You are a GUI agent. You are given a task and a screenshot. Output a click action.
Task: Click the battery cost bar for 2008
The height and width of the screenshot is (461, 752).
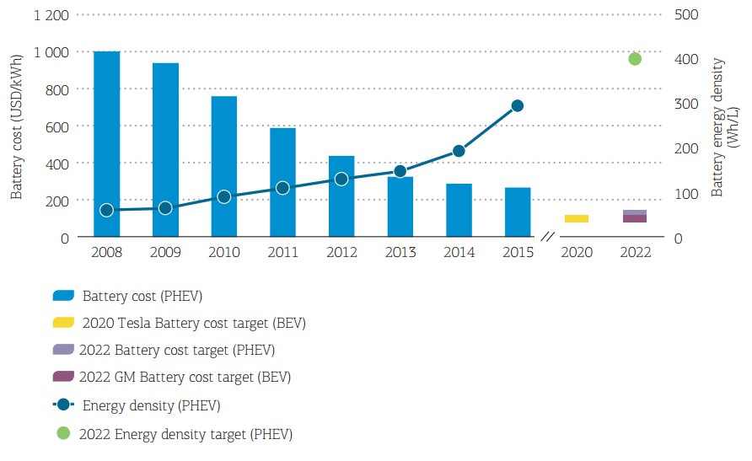coord(106,144)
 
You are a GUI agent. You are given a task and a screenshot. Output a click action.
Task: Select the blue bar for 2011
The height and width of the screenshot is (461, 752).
coord(282,182)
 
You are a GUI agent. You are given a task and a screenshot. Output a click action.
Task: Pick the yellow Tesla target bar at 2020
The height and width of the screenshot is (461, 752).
coord(577,219)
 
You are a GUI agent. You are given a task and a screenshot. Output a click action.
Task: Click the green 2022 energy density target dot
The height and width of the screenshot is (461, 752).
coord(635,59)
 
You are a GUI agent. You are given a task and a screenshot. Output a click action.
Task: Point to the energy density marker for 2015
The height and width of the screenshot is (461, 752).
coord(518,105)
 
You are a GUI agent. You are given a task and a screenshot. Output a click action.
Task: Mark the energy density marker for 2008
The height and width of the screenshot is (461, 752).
coord(106,210)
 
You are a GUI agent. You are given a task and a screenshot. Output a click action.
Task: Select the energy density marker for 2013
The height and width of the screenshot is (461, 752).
coord(400,172)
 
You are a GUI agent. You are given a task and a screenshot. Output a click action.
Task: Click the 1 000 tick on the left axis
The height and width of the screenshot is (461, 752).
coord(51,52)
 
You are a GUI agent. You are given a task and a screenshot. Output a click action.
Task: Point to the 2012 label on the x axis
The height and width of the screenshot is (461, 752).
coord(341,252)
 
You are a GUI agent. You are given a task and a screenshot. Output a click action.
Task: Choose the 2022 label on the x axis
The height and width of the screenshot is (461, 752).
coord(635,252)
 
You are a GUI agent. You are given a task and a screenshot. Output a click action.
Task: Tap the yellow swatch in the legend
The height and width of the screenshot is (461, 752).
coord(64,323)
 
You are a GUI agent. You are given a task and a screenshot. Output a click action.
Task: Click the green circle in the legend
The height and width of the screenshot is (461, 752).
coord(64,433)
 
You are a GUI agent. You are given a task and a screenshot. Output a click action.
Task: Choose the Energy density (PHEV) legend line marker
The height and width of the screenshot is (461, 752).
coord(64,405)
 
